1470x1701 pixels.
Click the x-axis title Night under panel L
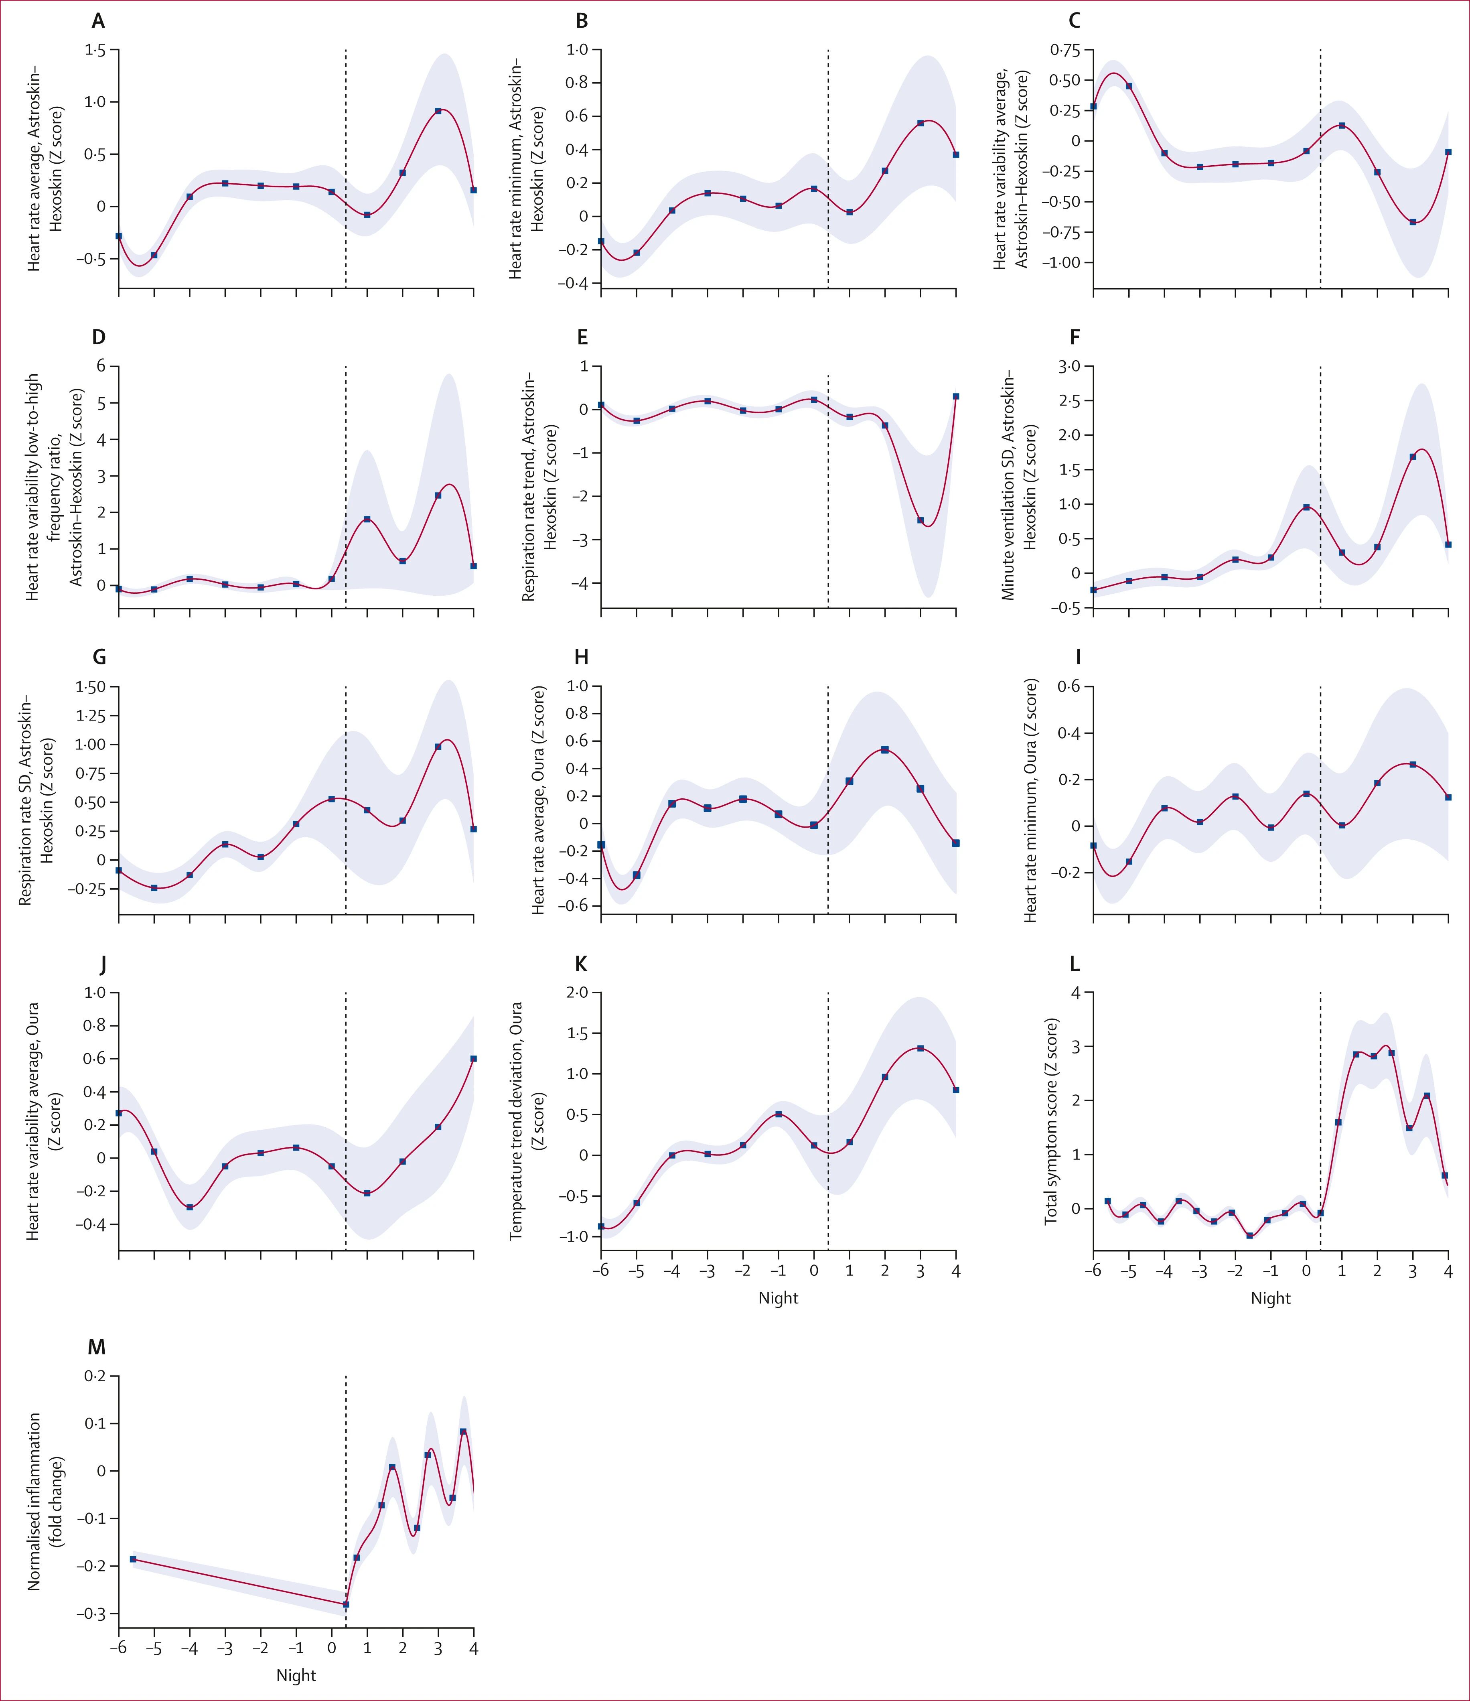[x=1271, y=1298]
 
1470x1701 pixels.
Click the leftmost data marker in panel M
[x=133, y=1559]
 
